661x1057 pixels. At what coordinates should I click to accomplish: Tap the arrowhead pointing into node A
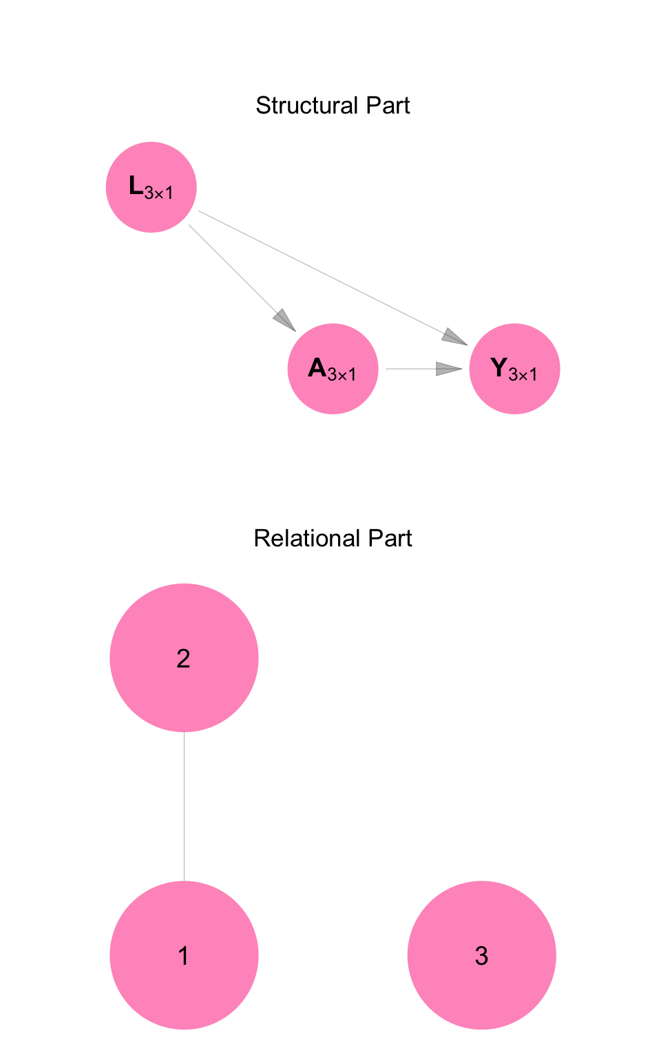click(x=285, y=321)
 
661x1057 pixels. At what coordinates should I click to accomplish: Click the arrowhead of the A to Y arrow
click(x=449, y=369)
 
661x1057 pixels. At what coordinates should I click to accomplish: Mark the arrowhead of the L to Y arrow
click(x=454, y=337)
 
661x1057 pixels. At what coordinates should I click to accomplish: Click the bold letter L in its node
click(x=136, y=185)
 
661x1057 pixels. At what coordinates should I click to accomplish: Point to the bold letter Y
click(x=499, y=367)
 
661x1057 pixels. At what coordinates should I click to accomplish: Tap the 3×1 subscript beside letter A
click(x=342, y=375)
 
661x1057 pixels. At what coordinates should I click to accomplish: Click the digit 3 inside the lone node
click(x=481, y=956)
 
